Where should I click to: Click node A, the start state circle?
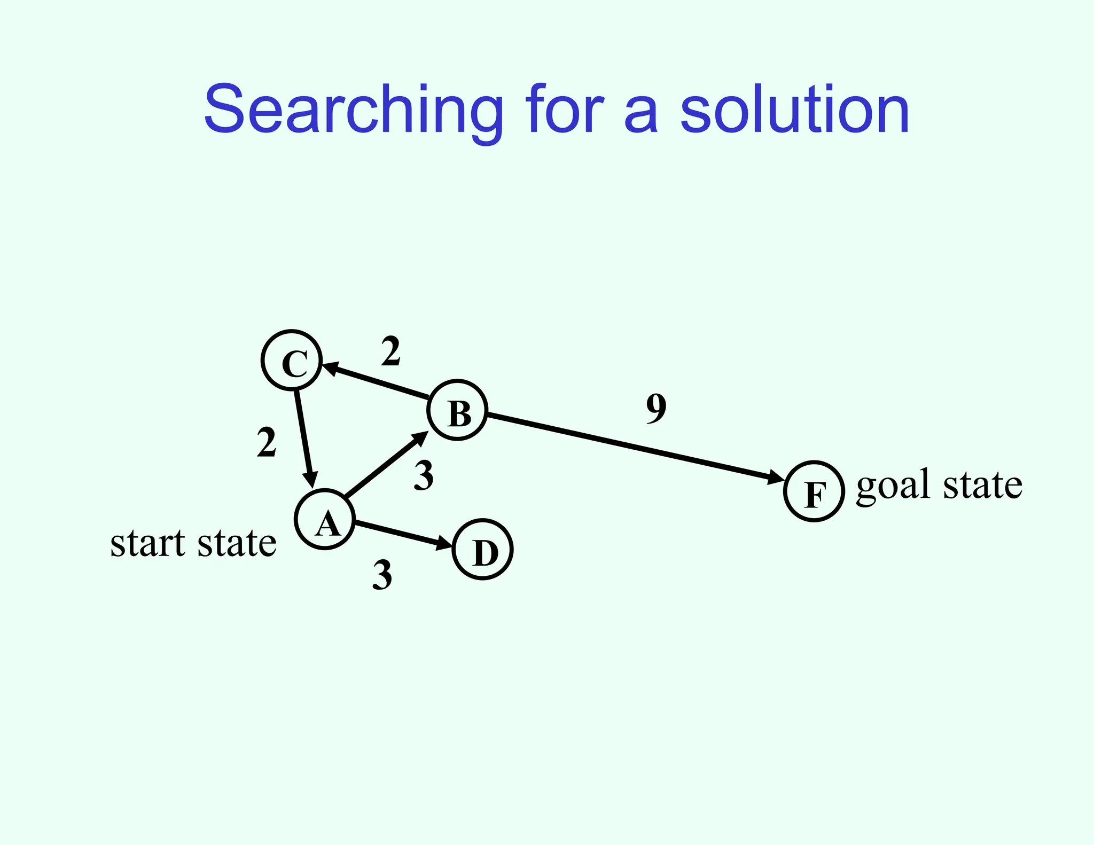pos(325,519)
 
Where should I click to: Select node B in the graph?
pos(458,410)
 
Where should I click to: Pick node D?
pos(483,549)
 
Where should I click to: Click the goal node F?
pos(814,491)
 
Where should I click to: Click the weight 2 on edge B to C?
pos(390,352)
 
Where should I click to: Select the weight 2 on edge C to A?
pos(267,443)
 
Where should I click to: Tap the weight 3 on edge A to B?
pos(424,476)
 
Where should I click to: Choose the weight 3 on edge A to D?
pos(382,575)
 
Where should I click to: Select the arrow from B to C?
pos(377,380)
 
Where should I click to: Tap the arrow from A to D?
pos(403,534)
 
